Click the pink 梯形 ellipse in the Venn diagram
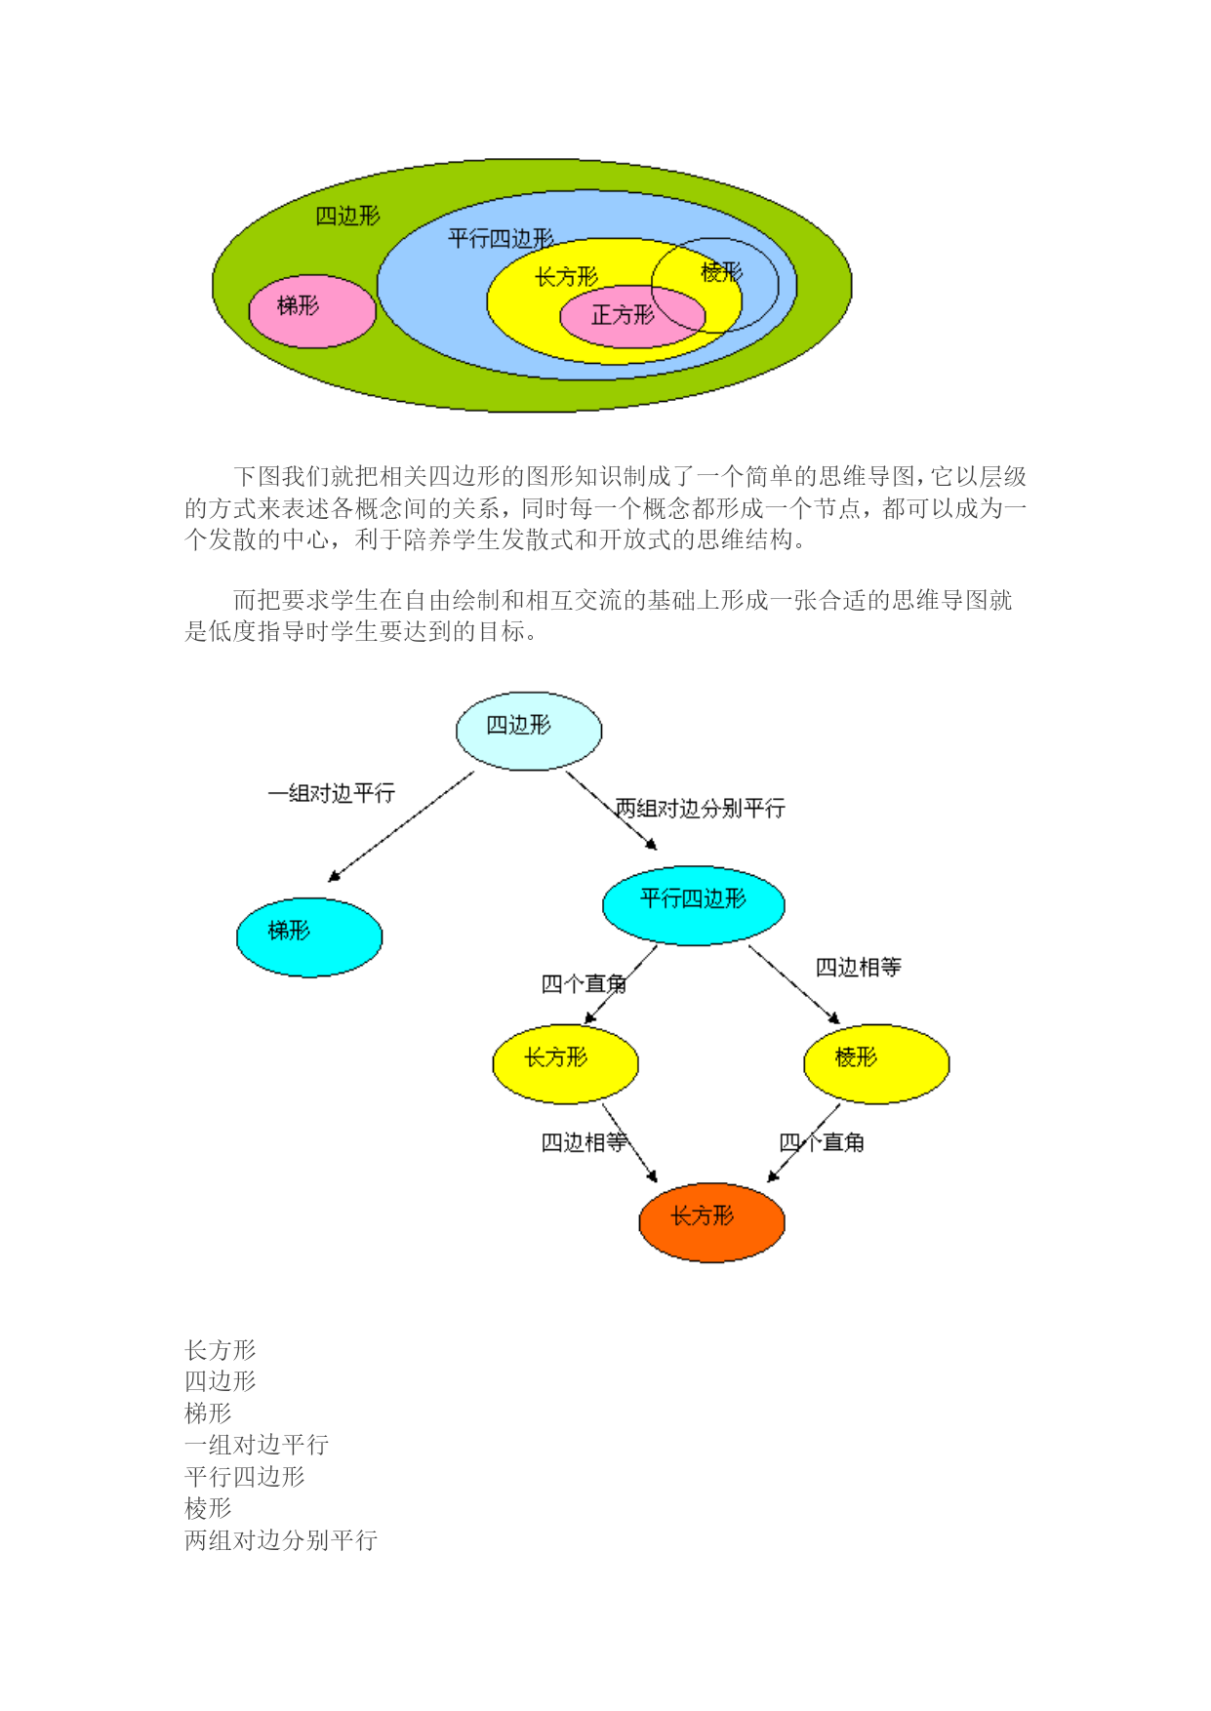pyautogui.click(x=312, y=311)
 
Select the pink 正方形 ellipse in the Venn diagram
pyautogui.click(x=632, y=316)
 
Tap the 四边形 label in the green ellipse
pyautogui.click(x=347, y=216)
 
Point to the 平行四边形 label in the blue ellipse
pyautogui.click(x=501, y=238)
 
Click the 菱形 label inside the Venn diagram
pyautogui.click(x=722, y=272)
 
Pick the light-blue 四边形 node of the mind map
pyautogui.click(x=529, y=732)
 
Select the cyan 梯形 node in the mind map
pyautogui.click(x=309, y=937)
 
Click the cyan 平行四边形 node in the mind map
pyautogui.click(x=694, y=905)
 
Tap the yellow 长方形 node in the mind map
pyautogui.click(x=565, y=1064)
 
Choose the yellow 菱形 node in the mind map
pyautogui.click(x=876, y=1064)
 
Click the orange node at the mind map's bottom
pyautogui.click(x=711, y=1223)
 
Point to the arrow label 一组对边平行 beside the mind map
pyautogui.click(x=332, y=793)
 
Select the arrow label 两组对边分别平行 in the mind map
pyautogui.click(x=700, y=808)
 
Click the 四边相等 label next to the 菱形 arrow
pyautogui.click(x=859, y=967)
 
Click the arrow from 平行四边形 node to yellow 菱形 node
pyautogui.click(x=794, y=984)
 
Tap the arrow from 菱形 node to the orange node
pyautogui.click(x=803, y=1143)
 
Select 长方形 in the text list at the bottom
pyautogui.click(x=221, y=1350)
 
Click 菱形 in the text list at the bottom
pyautogui.click(x=209, y=1508)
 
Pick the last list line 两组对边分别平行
pyautogui.click(x=281, y=1540)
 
